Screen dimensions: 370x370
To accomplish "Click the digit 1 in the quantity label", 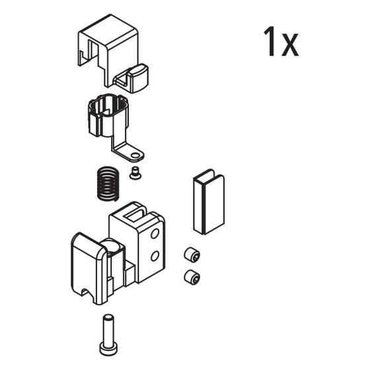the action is click(x=270, y=41).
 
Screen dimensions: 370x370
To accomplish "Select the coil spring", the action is click(x=108, y=184).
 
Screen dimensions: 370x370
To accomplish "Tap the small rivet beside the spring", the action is click(x=135, y=173).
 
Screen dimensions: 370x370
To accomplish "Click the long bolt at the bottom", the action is click(x=108, y=334).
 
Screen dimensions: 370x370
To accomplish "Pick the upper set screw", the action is click(x=192, y=254).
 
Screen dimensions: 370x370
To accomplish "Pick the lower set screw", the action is click(x=192, y=277).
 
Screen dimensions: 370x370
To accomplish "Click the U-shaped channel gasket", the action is click(x=209, y=202).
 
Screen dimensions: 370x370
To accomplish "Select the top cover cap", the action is click(x=113, y=53).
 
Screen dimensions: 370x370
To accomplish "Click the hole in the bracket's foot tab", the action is click(x=135, y=155).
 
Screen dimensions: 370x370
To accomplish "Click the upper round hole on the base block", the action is click(x=155, y=234).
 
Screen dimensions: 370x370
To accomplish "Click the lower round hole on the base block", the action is click(x=155, y=256).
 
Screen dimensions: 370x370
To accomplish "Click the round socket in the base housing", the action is click(x=113, y=247).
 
